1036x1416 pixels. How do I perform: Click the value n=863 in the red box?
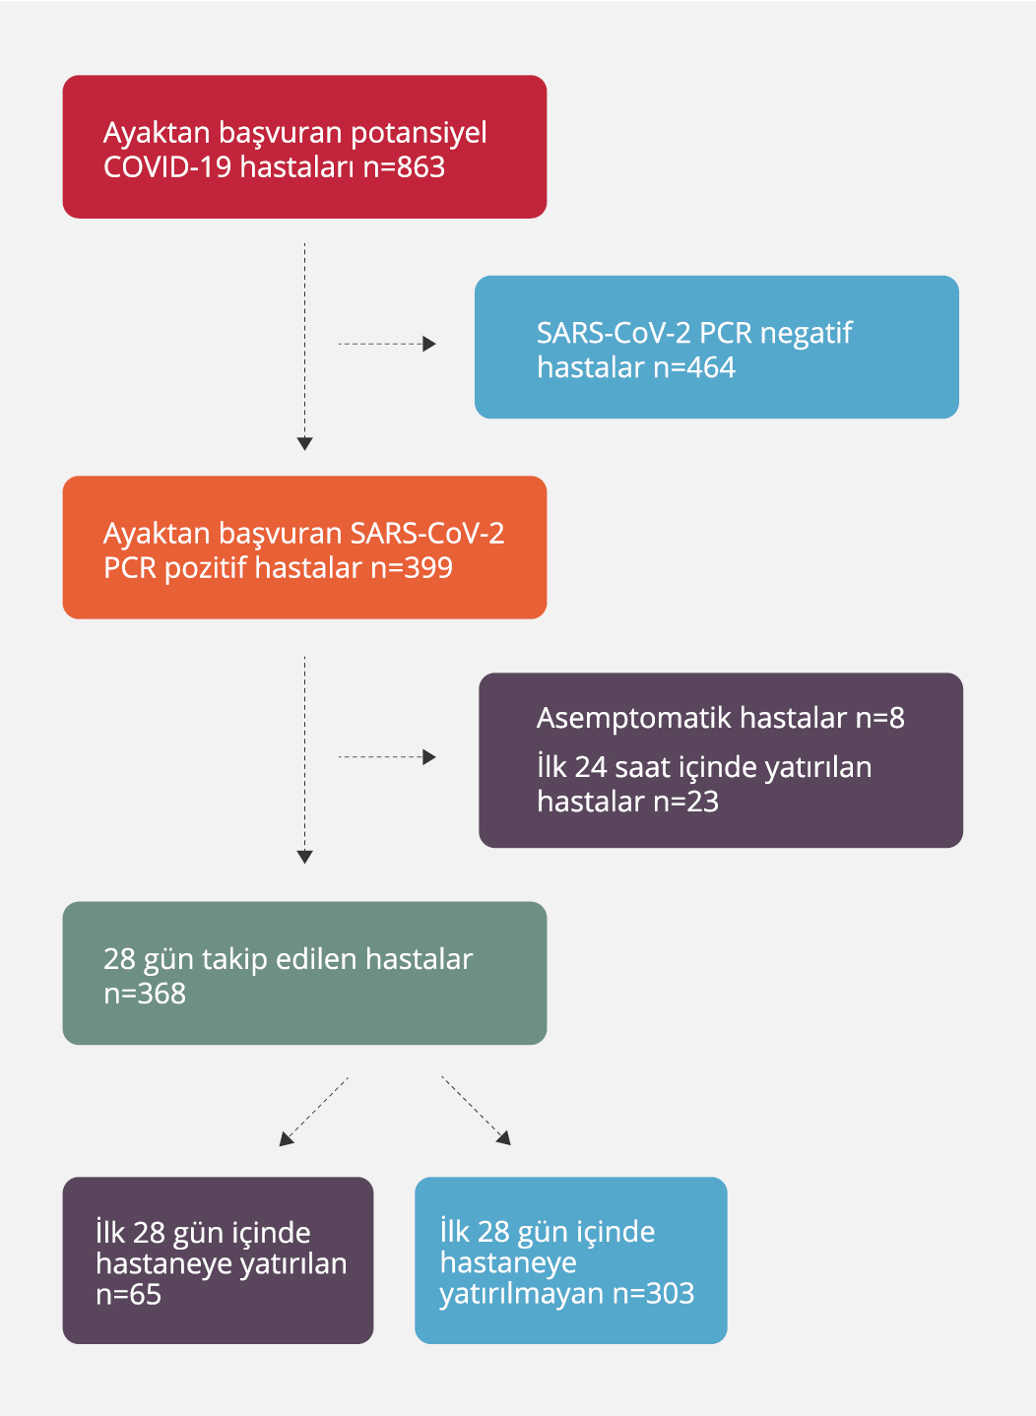coord(404,167)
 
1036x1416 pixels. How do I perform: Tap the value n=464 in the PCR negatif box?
coord(694,368)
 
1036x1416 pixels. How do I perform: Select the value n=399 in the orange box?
coord(411,568)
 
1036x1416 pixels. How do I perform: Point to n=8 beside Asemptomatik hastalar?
coord(879,718)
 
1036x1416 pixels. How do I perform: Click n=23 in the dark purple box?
coord(685,802)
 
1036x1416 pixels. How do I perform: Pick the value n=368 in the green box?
coord(145,994)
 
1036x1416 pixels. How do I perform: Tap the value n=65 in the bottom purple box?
coord(128,1295)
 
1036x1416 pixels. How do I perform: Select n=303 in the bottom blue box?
coord(653,1294)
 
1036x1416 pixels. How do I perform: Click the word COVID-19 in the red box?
coord(167,167)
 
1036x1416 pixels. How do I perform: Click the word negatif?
coord(806,334)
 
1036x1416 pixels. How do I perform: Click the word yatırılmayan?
coord(521,1294)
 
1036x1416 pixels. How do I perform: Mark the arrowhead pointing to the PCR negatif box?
coord(429,344)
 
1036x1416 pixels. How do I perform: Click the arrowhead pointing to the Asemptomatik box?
coord(429,757)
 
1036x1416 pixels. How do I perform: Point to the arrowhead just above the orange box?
coord(304,444)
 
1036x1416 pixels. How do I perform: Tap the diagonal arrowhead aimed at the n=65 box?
coord(286,1139)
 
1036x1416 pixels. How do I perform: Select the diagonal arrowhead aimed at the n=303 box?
coord(504,1138)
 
